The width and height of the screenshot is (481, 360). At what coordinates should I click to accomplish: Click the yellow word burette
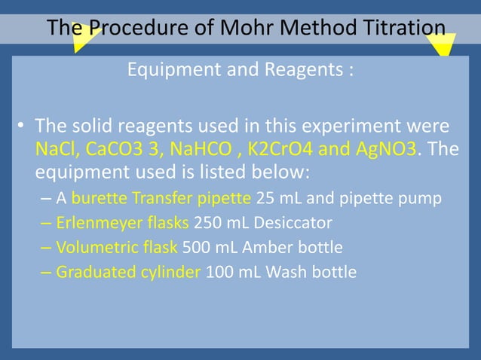tap(97, 200)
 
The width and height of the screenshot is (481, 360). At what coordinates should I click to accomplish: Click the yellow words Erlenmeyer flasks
tap(123, 224)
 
